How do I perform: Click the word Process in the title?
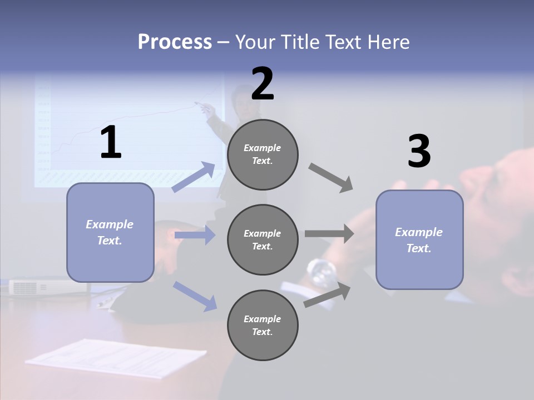click(x=175, y=42)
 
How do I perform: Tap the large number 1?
click(x=111, y=143)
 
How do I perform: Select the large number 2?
click(x=263, y=83)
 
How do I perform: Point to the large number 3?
click(x=419, y=152)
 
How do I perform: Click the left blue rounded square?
click(x=110, y=232)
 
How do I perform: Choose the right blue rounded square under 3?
click(x=419, y=239)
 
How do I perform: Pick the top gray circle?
click(x=263, y=154)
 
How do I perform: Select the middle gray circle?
click(x=263, y=239)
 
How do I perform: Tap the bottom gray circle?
click(x=263, y=325)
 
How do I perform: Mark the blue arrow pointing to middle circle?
click(x=195, y=236)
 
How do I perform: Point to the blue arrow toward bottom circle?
click(x=195, y=296)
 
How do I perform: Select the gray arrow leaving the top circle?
click(x=331, y=178)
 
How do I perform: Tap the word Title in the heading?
click(x=297, y=42)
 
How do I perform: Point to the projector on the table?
click(x=47, y=286)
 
